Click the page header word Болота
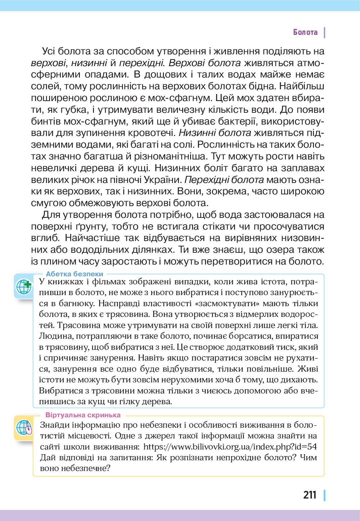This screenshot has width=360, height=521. click(x=305, y=32)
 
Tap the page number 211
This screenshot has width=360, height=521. click(x=310, y=495)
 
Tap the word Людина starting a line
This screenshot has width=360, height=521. click(x=54, y=336)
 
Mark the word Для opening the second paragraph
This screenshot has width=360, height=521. click(x=50, y=215)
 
